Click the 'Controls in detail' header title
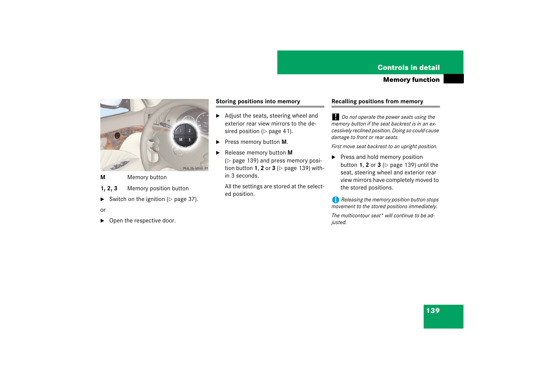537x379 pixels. tap(408, 68)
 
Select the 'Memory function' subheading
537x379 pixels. tap(411, 79)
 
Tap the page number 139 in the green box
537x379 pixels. tap(433, 311)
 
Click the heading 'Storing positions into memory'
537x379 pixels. tap(258, 101)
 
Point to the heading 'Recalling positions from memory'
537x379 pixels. tap(377, 101)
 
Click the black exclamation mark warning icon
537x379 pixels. tap(335, 117)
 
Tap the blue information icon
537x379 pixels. tap(335, 200)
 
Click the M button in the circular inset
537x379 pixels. tap(181, 139)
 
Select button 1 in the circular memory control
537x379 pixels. tap(181, 131)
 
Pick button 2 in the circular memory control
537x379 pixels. tap(190, 131)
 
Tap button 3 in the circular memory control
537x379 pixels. tap(190, 140)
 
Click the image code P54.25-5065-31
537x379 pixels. tap(195, 168)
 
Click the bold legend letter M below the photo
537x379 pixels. tap(103, 177)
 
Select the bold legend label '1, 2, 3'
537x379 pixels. tap(109, 188)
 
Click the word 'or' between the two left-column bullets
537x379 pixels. tap(103, 210)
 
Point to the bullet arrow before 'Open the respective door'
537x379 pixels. tap(102, 220)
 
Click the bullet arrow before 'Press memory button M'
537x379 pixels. tap(218, 142)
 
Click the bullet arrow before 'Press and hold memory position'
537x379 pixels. tap(333, 157)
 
